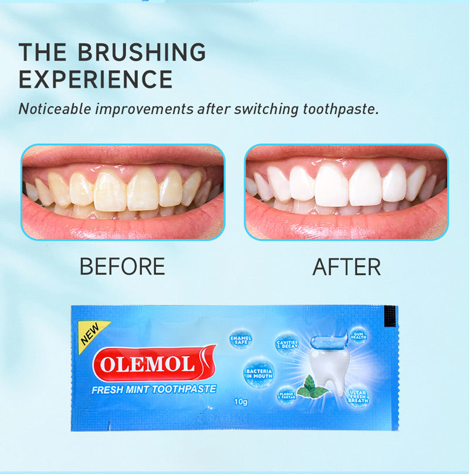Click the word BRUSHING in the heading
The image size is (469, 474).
[x=142, y=53]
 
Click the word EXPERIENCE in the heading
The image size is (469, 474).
[x=96, y=79]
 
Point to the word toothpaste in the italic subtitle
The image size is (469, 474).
[x=339, y=109]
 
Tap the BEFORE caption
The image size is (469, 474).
[x=122, y=267]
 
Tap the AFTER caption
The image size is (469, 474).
[x=346, y=267]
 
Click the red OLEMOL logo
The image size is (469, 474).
[x=155, y=364]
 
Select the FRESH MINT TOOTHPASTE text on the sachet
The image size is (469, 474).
[x=154, y=389]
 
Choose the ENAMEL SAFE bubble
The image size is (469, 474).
[x=241, y=339]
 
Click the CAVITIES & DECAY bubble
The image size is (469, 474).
[x=287, y=344]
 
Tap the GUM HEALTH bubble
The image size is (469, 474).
[x=358, y=335]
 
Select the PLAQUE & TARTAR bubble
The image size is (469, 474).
[x=287, y=396]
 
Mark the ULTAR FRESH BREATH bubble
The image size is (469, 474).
[x=358, y=396]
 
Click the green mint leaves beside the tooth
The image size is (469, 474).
[x=312, y=387]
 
